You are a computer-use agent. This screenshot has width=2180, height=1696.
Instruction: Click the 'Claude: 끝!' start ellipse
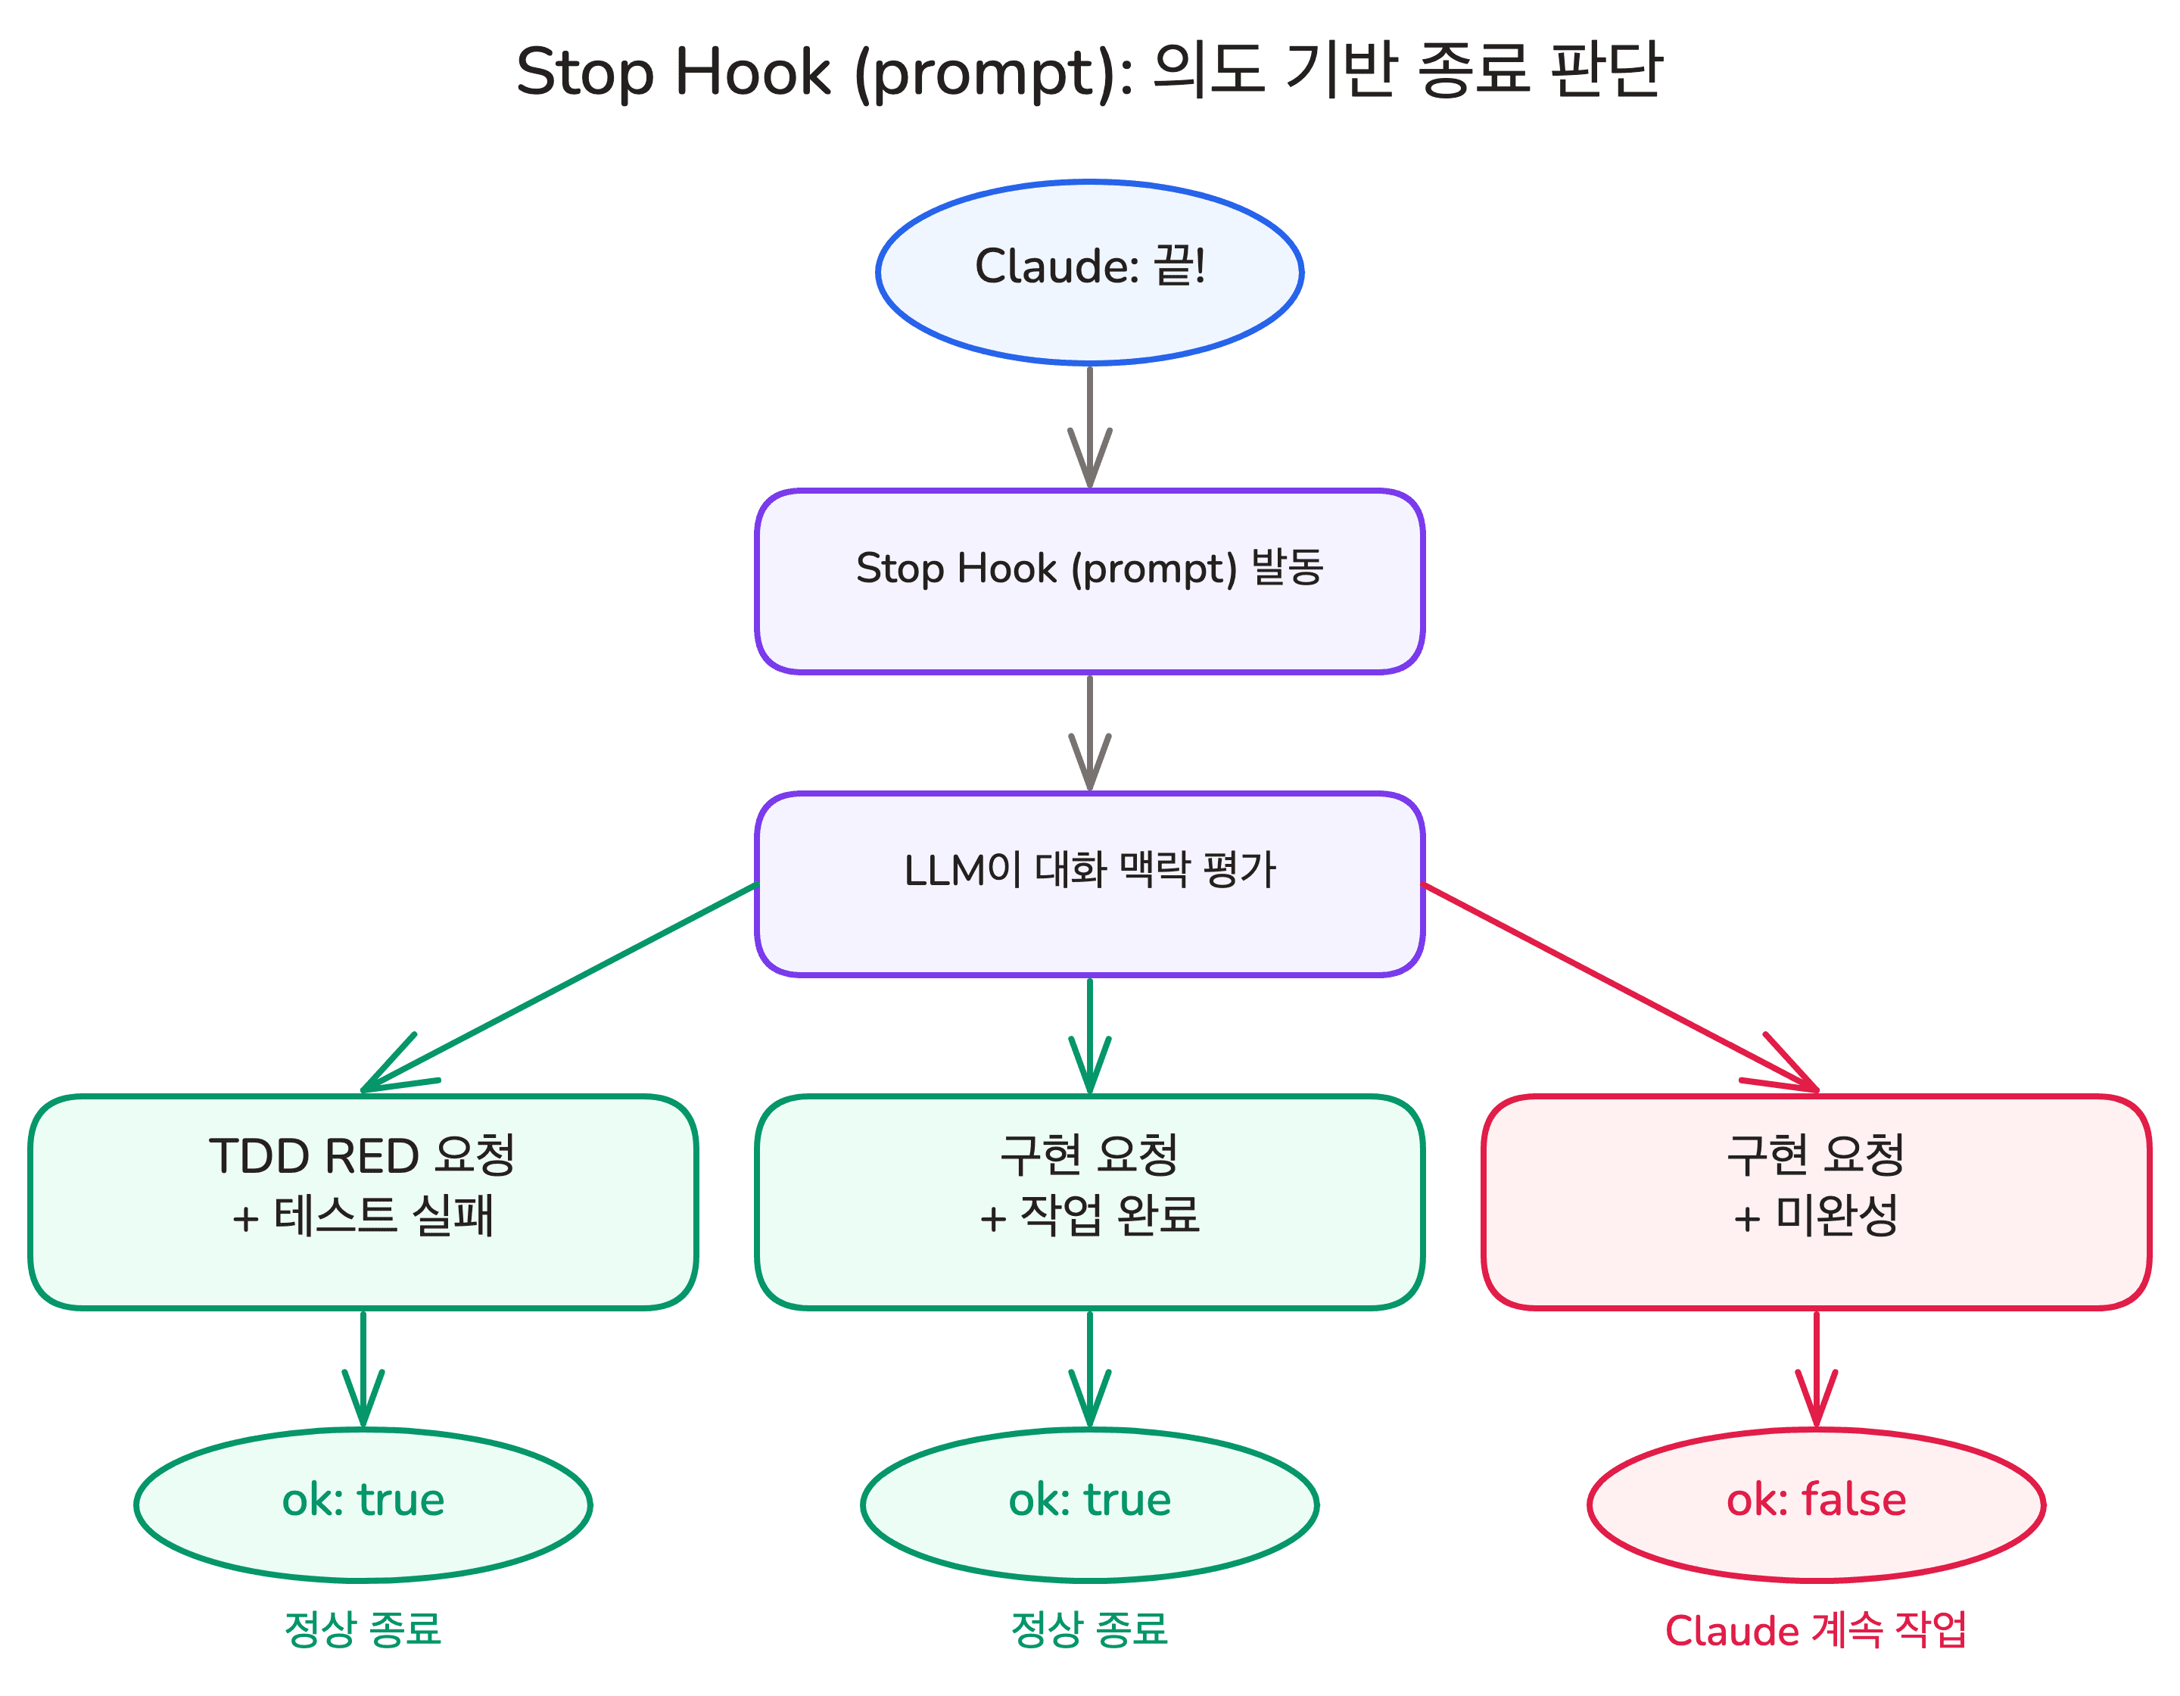(1089, 272)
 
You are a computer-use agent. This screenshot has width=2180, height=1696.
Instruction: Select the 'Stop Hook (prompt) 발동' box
(1089, 581)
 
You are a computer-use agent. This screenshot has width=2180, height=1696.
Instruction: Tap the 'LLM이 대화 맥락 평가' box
(1089, 884)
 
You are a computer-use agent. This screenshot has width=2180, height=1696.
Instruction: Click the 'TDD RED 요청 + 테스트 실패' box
(363, 1202)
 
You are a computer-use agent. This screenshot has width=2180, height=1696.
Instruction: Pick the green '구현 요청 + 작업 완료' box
(1089, 1202)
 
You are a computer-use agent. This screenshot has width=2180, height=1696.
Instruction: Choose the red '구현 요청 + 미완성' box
(1816, 1202)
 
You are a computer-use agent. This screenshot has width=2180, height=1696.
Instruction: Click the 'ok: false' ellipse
(1816, 1504)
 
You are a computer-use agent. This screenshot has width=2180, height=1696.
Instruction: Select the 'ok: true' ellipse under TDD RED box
(363, 1504)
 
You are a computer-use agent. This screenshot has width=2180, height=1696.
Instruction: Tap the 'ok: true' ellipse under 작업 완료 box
(1089, 1504)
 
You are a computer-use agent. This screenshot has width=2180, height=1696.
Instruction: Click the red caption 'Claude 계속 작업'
(1816, 1630)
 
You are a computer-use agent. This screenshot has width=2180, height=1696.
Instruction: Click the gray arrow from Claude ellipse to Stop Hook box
(1089, 424)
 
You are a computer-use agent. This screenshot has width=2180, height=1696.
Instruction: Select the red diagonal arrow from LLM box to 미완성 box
(1617, 987)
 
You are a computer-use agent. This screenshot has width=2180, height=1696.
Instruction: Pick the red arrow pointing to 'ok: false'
(1816, 1367)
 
